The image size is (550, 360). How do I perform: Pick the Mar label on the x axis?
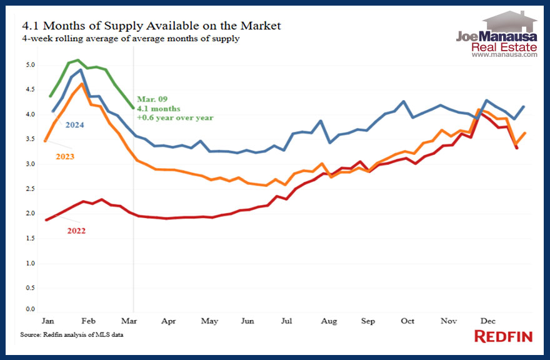tap(129, 321)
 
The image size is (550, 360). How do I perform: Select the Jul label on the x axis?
tap(286, 321)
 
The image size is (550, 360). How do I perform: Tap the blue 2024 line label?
tap(74, 125)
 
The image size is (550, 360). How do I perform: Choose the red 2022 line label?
tap(76, 231)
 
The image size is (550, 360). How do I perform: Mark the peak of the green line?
tap(77, 60)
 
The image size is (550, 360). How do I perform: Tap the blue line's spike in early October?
tap(404, 101)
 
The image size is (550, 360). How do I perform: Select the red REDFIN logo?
tap(503, 337)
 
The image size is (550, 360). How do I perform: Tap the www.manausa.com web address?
tap(504, 55)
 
